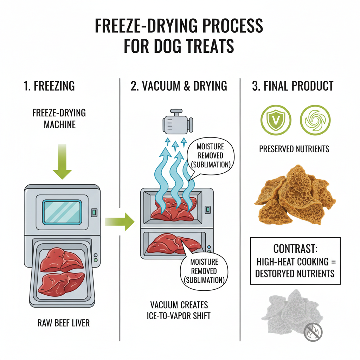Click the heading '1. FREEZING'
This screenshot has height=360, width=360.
pyautogui.click(x=49, y=86)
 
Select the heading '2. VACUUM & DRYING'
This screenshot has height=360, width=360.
pyautogui.click(x=179, y=86)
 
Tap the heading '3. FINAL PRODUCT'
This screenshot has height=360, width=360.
pyautogui.click(x=292, y=86)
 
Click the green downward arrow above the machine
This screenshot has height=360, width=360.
pyautogui.click(x=62, y=162)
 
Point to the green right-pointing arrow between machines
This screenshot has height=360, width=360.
pyautogui.click(x=120, y=221)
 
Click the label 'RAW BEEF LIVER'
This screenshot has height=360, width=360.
pyautogui.click(x=63, y=322)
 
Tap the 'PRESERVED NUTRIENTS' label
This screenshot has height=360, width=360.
pyautogui.click(x=294, y=149)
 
